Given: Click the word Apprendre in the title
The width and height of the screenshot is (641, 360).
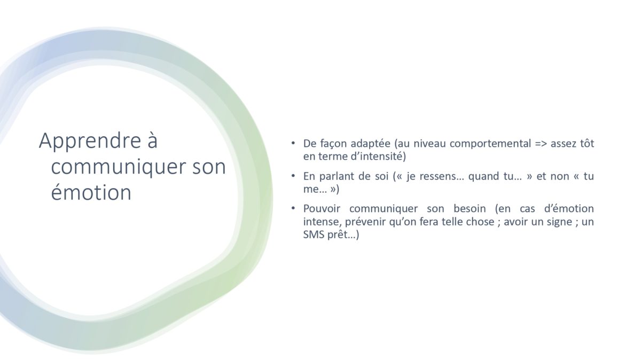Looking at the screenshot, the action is point(90,141).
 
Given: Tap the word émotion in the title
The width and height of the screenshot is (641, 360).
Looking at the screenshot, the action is point(91,192).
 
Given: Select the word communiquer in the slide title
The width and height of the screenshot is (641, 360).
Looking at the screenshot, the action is point(119,167).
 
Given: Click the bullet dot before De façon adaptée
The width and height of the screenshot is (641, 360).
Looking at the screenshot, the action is point(293,143).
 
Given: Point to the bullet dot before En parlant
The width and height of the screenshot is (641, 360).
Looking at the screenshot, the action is point(293,175).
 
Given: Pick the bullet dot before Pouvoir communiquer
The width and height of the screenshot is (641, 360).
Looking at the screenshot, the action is point(293,208).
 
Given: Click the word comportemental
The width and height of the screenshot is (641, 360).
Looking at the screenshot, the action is point(490,144).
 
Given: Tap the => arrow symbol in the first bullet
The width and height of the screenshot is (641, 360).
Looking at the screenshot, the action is point(541,144).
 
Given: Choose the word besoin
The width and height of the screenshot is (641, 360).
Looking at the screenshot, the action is point(470,209).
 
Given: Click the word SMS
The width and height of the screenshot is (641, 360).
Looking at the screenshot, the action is point(314,235).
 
